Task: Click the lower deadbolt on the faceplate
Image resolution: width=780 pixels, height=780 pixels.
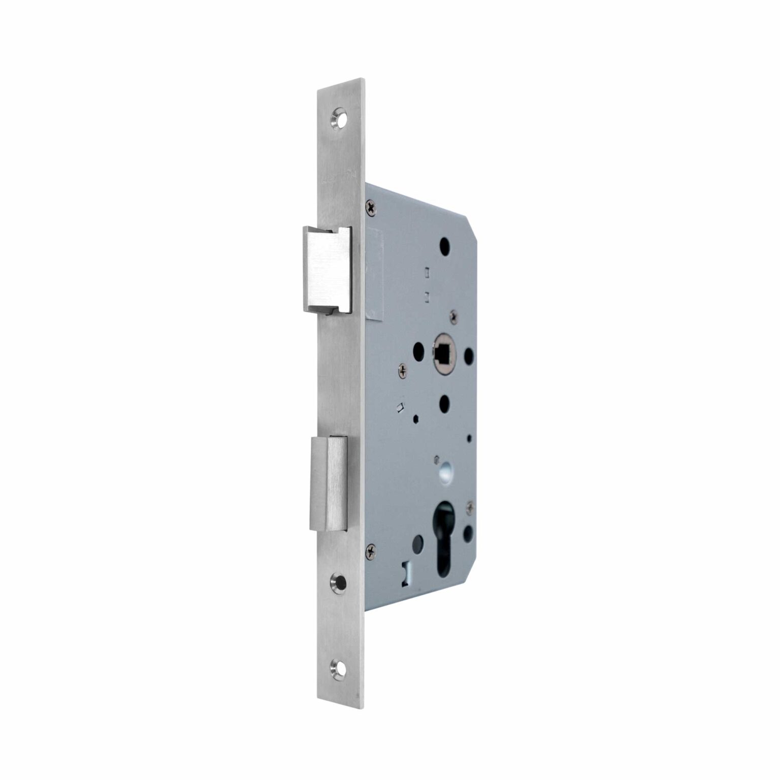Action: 329,483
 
